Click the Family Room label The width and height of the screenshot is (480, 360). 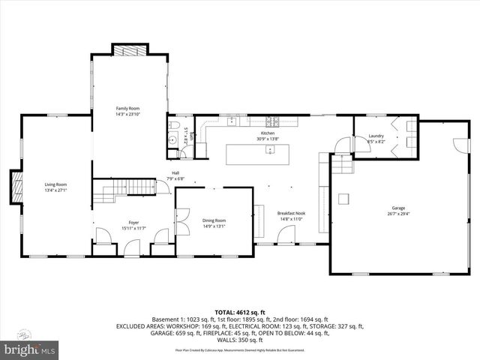[127, 109]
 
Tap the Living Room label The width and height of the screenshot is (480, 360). [55, 184]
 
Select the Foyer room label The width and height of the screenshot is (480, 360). [133, 221]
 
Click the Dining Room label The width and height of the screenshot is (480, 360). [214, 220]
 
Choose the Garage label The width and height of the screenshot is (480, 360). [398, 207]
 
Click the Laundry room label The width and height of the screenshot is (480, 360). [376, 136]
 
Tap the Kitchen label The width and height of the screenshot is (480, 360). [268, 133]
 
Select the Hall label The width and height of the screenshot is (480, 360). [175, 173]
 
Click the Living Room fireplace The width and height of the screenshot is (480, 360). [15, 186]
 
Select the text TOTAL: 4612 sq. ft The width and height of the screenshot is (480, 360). [240, 311]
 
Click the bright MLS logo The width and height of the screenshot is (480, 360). [30, 349]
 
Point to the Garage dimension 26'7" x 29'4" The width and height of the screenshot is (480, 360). [398, 213]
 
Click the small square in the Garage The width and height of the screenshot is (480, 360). [344, 199]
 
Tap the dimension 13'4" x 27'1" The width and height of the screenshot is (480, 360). [55, 190]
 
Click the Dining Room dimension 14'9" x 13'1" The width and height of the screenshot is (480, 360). [214, 226]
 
